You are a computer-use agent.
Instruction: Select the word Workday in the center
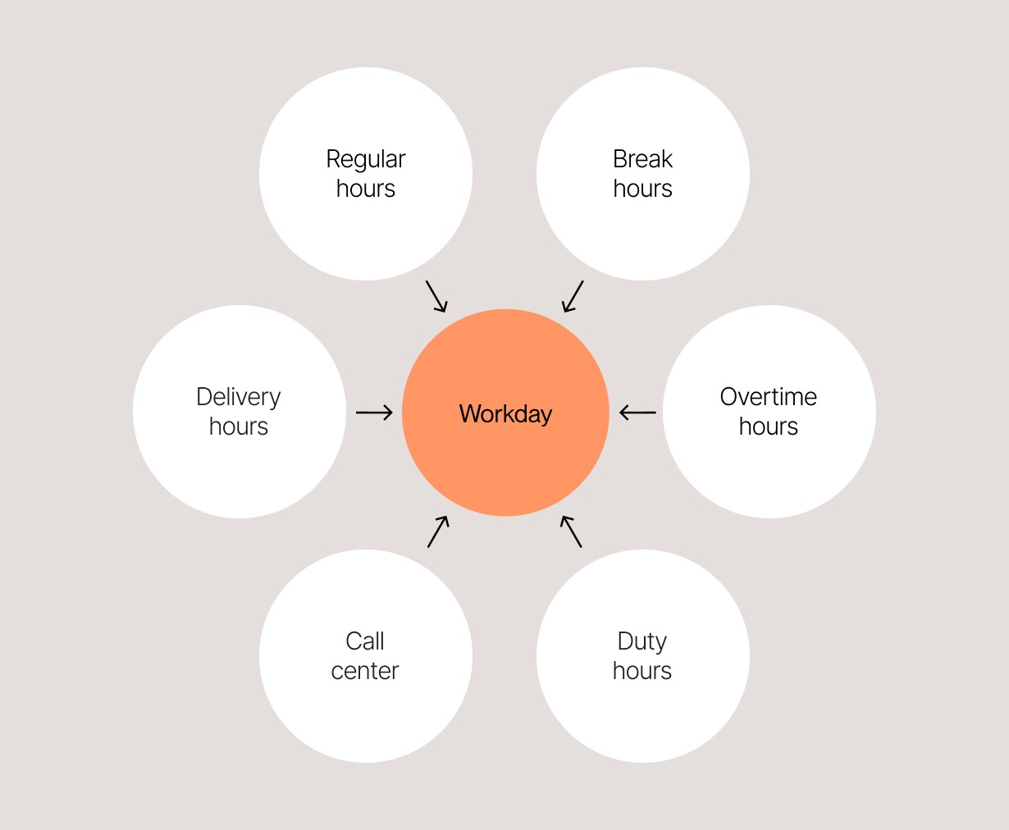pos(505,413)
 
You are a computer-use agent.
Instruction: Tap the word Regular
pos(366,159)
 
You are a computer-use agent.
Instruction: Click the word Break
pos(642,159)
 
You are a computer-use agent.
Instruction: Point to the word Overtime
pos(769,397)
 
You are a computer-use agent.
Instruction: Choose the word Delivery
pos(239,397)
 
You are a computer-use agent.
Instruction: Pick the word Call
pos(365,641)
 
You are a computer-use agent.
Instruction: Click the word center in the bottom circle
pos(365,671)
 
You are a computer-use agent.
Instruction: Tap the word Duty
pos(641,641)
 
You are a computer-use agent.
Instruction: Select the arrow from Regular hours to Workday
pos(436,296)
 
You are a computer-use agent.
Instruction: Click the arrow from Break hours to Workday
pos(573,296)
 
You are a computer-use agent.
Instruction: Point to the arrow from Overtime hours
pos(637,413)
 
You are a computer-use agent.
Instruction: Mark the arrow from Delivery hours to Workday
pos(375,413)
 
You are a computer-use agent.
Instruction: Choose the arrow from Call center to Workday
pos(438,531)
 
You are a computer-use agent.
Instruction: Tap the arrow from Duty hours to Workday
pos(571,531)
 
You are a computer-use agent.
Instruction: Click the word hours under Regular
pos(366,189)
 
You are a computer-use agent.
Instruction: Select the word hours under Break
pos(642,189)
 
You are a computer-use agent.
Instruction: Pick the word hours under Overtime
pos(769,426)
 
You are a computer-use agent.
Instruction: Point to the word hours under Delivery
pos(239,426)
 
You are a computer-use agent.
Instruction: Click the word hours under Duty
pos(641,671)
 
